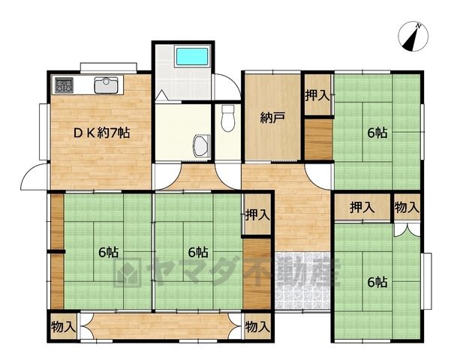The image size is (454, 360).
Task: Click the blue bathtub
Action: (192, 57)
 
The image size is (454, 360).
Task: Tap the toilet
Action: (228, 118)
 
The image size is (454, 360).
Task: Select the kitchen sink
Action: (106, 85)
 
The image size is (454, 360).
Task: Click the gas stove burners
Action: (64, 85)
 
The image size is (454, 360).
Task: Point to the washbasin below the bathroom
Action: (200, 145)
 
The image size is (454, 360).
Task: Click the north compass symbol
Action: (413, 37)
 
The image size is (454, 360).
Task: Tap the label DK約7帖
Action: (101, 133)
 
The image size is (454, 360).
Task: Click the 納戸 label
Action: (272, 118)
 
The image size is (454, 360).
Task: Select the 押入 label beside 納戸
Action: (317, 95)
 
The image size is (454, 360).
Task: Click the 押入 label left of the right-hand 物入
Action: (362, 208)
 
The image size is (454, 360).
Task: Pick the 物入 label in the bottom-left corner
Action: (63, 327)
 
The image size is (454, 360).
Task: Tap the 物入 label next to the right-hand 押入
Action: (407, 208)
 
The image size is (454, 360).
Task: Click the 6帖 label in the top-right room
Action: (377, 133)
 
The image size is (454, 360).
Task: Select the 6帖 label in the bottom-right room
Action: (377, 282)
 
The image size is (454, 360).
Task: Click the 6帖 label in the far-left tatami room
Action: (108, 252)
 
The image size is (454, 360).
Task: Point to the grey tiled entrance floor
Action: (302, 280)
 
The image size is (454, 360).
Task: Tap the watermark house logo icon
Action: (127, 272)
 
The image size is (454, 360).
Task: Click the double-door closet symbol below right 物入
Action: (407, 229)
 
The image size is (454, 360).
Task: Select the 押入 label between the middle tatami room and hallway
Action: (257, 215)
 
